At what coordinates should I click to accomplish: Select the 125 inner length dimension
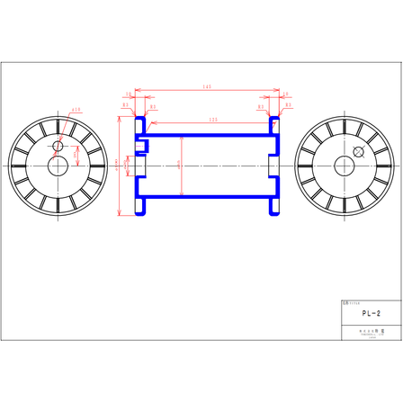click(x=212, y=119)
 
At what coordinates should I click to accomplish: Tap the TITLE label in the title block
click(x=351, y=304)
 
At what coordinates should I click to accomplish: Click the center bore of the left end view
click(x=58, y=166)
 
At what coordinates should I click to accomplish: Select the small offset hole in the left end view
click(x=59, y=145)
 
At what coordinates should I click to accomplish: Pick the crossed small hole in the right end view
click(x=360, y=151)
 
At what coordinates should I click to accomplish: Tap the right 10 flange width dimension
click(x=286, y=93)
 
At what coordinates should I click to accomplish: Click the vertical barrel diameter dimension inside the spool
click(x=183, y=165)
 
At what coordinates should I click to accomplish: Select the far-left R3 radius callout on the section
click(x=124, y=106)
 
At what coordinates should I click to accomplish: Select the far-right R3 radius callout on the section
click(x=288, y=106)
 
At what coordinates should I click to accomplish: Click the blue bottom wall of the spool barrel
click(x=207, y=200)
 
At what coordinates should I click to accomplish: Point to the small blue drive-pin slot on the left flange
click(x=141, y=142)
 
